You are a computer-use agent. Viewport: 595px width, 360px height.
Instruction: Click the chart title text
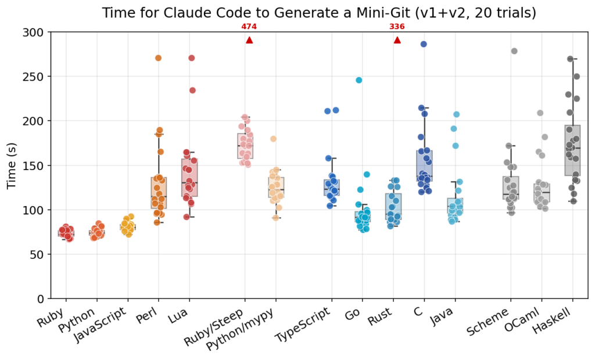[319, 12]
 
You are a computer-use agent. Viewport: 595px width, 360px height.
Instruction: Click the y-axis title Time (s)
[12, 165]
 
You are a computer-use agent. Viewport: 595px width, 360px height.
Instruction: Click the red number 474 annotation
[249, 27]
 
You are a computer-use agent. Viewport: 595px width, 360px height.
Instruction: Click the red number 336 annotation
[397, 27]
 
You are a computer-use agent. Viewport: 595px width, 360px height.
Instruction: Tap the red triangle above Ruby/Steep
[249, 40]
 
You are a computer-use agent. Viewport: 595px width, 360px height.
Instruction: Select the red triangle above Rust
[397, 40]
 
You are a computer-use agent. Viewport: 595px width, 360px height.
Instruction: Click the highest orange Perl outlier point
[158, 58]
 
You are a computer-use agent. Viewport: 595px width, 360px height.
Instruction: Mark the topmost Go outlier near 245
[359, 80]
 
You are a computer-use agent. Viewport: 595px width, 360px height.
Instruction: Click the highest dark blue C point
[424, 44]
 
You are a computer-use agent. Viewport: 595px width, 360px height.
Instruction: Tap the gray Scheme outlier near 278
[514, 51]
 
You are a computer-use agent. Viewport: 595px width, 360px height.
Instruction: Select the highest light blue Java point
[457, 114]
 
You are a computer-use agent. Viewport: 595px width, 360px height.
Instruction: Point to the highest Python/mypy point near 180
[273, 139]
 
